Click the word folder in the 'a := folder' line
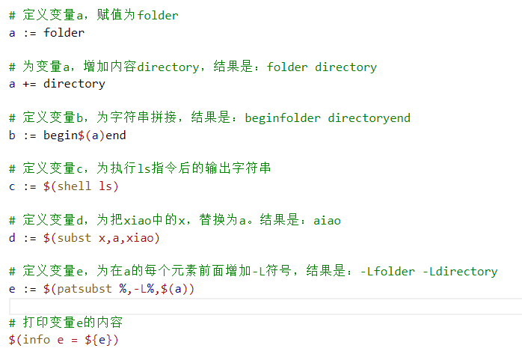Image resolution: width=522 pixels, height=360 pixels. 64,32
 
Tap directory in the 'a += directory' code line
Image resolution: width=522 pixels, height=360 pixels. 74,84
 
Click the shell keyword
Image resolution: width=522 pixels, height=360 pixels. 74,186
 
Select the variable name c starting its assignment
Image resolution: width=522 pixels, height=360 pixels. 12,186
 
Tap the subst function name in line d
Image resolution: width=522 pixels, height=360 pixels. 74,238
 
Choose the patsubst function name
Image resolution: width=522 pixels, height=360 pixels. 85,289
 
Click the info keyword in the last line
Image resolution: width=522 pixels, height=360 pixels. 36,340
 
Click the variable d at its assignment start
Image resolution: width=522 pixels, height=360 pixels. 12,238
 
